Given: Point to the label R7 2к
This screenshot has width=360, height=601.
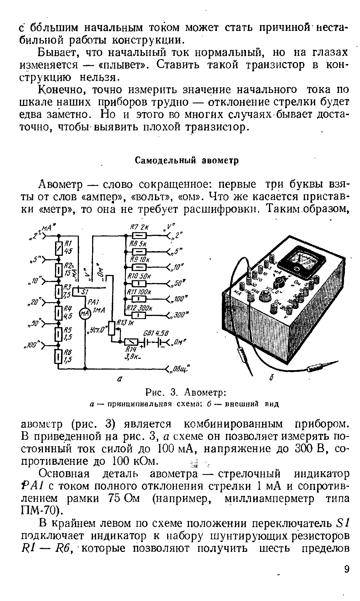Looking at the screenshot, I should tap(140, 227).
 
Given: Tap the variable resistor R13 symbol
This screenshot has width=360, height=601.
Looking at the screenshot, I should tap(112, 328).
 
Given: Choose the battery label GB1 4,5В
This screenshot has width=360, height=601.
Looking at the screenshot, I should tap(156, 333).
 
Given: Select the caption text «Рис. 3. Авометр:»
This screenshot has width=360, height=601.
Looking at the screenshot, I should tap(186, 392).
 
